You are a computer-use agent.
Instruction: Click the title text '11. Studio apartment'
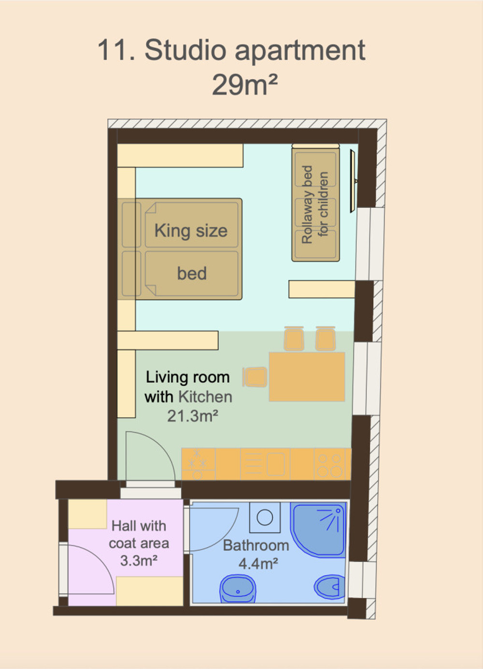point(232,50)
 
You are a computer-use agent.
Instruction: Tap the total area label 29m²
point(245,84)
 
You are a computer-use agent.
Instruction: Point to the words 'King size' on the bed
point(191,231)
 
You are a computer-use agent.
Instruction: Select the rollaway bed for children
point(315,203)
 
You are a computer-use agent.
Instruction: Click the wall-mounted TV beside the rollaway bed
point(354,181)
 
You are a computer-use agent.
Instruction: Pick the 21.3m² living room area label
point(193,416)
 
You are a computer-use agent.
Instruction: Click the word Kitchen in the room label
point(205,397)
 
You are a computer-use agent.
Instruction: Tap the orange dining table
point(307,376)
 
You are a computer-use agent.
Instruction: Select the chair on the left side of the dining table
point(255,376)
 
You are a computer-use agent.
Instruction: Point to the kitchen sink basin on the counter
point(276,464)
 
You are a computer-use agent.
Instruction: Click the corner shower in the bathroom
point(318,530)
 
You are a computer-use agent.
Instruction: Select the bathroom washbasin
point(238,589)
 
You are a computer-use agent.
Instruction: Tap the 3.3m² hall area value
point(139,560)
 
